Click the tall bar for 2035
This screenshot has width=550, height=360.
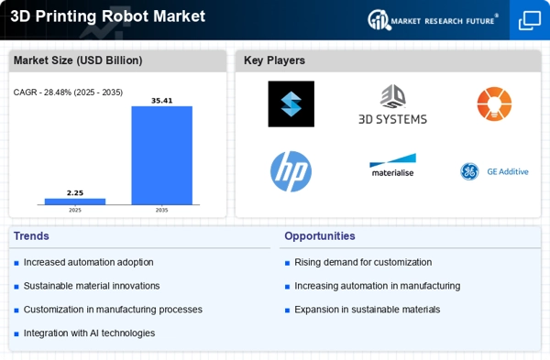pyautogui.click(x=161, y=156)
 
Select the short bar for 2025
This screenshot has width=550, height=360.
pyautogui.click(x=75, y=202)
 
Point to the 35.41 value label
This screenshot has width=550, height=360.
pyautogui.click(x=161, y=100)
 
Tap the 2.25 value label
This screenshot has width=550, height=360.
pyautogui.click(x=75, y=192)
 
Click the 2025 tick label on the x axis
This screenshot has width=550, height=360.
pyautogui.click(x=75, y=210)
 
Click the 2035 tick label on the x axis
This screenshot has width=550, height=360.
pyautogui.click(x=161, y=210)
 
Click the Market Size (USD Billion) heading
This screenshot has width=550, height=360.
pyautogui.click(x=76, y=60)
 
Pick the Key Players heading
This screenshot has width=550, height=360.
pyautogui.click(x=275, y=60)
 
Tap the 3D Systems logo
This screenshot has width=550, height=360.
pyautogui.click(x=392, y=104)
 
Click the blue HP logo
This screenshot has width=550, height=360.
pyautogui.click(x=291, y=171)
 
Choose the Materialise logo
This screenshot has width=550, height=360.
pyautogui.click(x=392, y=167)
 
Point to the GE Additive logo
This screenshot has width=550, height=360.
pyautogui.click(x=494, y=171)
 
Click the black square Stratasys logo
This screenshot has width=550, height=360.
pyautogui.click(x=291, y=104)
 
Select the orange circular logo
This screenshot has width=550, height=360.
pyautogui.click(x=494, y=104)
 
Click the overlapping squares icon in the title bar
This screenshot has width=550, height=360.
pyautogui.click(x=530, y=20)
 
